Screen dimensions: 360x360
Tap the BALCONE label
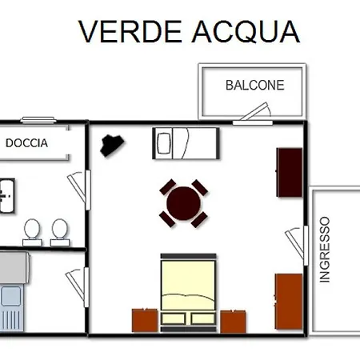click(x=254, y=85)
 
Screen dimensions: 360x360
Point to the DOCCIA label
click(x=26, y=144)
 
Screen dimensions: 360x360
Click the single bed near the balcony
click(x=185, y=143)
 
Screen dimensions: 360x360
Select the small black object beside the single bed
click(x=112, y=144)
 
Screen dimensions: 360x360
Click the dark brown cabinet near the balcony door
click(x=289, y=171)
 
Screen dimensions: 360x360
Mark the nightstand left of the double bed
click(x=144, y=321)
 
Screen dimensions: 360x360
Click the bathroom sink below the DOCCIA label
click(x=6, y=193)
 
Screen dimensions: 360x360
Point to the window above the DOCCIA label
click(x=37, y=120)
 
